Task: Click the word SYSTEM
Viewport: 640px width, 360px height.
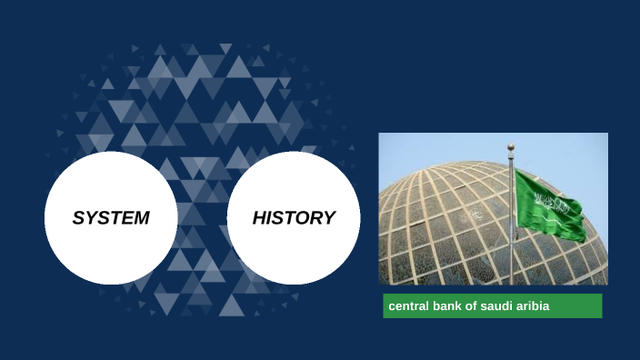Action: (x=111, y=218)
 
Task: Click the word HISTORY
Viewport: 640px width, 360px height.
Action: (x=294, y=218)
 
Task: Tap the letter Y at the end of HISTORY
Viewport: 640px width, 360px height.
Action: (x=329, y=218)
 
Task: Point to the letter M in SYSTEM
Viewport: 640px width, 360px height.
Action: (x=140, y=218)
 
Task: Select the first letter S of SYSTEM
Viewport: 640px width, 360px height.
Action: (x=78, y=218)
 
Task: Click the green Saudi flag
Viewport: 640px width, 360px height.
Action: (x=549, y=205)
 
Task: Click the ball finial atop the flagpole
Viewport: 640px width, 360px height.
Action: (x=511, y=145)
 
